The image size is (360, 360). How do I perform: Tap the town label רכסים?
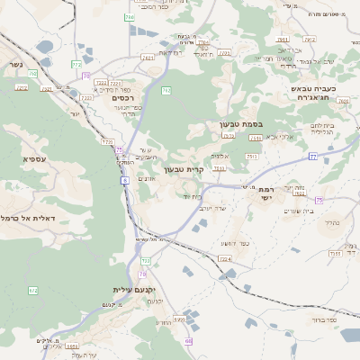coord(123,97)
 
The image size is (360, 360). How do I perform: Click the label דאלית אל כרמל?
coord(28,218)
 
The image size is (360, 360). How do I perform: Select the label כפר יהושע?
coord(235,244)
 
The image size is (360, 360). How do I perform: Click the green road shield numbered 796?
coord(129,17)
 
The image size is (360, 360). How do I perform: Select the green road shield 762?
coord(166,91)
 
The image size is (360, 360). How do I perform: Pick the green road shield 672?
coord(33,291)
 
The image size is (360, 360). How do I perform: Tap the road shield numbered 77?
coord(312,157)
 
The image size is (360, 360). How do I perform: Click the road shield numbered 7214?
coord(225,258)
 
